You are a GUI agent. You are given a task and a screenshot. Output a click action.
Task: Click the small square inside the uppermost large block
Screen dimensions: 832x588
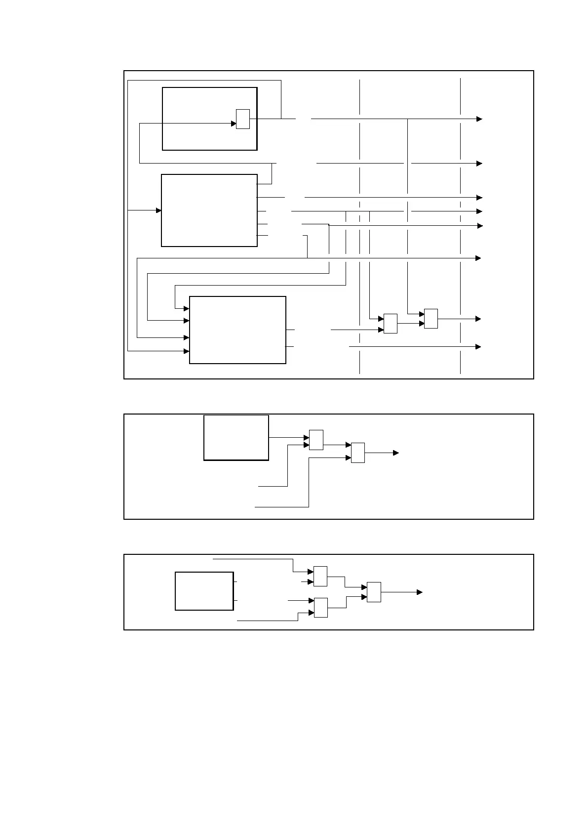click(242, 119)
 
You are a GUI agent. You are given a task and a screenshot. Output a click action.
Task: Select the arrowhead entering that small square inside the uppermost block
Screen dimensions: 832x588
click(234, 124)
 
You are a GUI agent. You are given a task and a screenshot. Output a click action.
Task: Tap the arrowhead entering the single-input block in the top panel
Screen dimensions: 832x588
click(159, 210)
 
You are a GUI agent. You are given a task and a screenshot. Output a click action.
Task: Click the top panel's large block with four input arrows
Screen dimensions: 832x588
click(237, 330)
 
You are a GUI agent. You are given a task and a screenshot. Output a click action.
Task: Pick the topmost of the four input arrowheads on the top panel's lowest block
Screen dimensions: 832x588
click(187, 308)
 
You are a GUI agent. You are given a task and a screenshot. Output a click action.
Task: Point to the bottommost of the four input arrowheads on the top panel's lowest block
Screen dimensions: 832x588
click(187, 351)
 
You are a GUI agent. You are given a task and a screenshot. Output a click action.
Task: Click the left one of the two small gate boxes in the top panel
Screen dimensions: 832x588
click(391, 324)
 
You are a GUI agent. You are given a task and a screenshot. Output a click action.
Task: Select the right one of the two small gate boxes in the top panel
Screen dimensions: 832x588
click(431, 319)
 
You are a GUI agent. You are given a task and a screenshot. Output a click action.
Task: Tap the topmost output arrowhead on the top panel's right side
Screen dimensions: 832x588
click(479, 119)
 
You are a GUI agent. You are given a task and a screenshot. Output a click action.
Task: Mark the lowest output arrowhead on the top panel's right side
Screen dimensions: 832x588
click(478, 347)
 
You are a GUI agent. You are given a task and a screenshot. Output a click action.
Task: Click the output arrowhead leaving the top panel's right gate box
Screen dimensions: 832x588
click(478, 319)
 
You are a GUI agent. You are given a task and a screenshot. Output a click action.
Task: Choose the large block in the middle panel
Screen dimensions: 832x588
click(236, 438)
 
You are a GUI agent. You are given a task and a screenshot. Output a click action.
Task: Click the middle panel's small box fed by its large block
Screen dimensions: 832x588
click(316, 440)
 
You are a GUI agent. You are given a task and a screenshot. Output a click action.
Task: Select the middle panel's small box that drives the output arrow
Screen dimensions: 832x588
click(358, 453)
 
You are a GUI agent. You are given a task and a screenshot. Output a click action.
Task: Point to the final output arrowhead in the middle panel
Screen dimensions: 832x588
click(396, 453)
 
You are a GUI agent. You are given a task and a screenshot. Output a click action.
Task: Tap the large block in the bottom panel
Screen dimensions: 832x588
click(204, 591)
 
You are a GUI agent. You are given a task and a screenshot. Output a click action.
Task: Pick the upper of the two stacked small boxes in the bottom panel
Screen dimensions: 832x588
click(320, 576)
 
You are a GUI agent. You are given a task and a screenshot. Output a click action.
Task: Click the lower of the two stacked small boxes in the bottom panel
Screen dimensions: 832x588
click(320, 608)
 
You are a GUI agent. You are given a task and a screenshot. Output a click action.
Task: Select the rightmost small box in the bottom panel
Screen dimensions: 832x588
click(374, 592)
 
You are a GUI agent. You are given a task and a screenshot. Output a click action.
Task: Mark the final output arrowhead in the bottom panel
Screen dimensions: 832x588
click(420, 592)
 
